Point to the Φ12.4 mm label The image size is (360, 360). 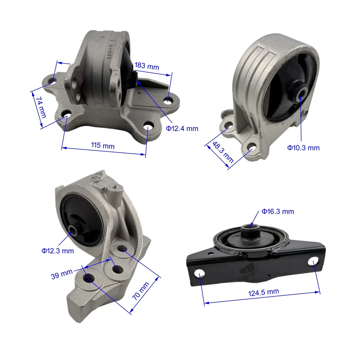182,129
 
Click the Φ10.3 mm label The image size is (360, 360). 303,148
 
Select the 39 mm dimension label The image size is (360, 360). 61,276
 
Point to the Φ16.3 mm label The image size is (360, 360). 278,211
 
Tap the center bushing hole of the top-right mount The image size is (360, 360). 300,94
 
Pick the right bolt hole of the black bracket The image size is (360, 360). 313,262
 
